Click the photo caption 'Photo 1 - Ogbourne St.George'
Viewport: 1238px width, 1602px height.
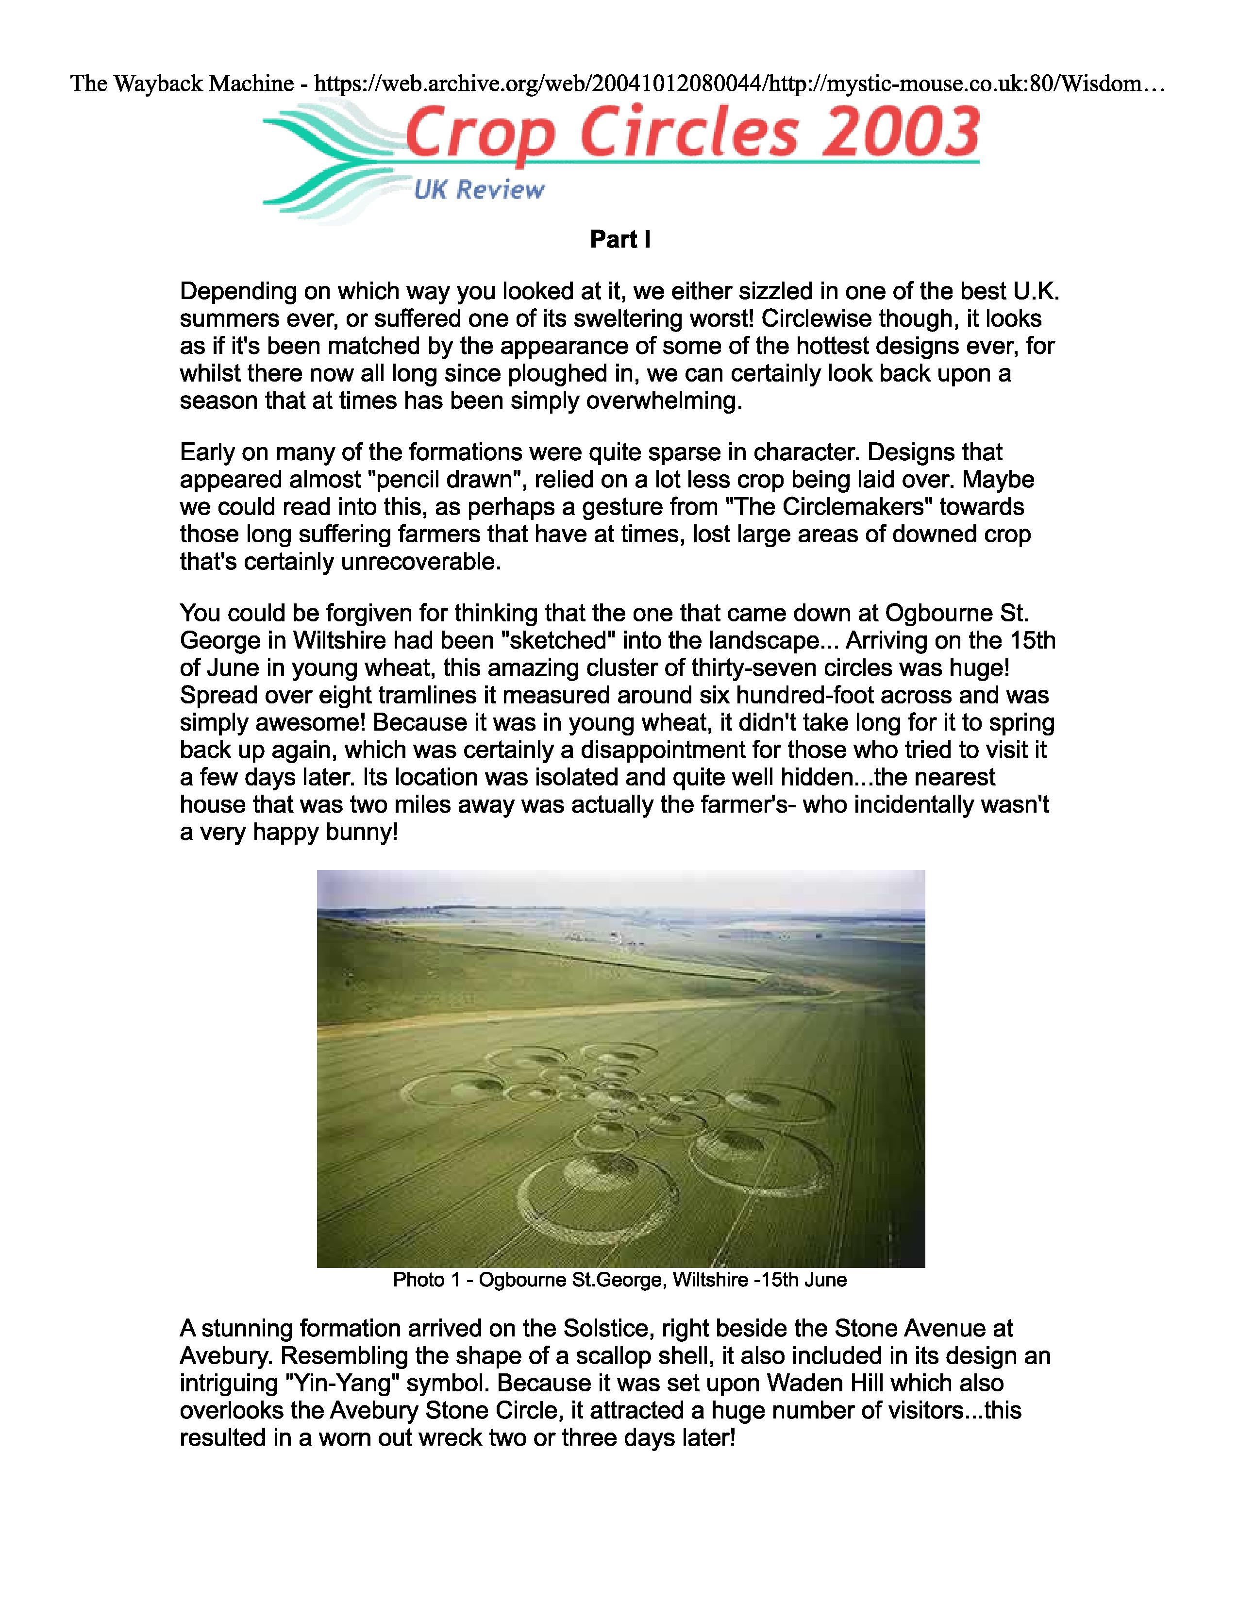(620, 1280)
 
